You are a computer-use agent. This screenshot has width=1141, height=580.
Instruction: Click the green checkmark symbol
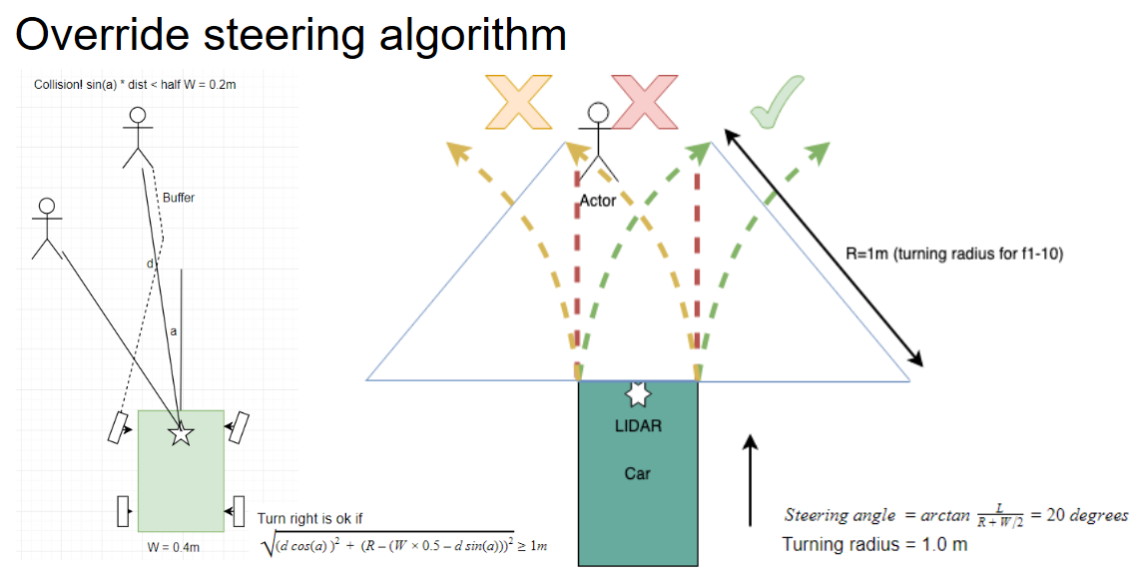[x=779, y=102]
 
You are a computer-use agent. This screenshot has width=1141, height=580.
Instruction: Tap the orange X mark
[x=519, y=102]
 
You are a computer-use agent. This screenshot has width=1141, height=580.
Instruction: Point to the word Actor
[x=598, y=201]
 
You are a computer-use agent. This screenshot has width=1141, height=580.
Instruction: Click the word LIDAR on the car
[x=638, y=426]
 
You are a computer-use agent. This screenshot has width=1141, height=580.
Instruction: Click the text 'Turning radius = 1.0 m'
[x=874, y=544]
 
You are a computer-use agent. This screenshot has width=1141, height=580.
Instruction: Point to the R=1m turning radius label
[x=954, y=254]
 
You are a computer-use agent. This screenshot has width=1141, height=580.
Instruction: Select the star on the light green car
[x=181, y=434]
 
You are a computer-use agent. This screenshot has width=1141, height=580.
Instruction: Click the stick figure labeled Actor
[x=598, y=140]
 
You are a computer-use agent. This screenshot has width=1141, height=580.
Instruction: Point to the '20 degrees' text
[x=1083, y=515]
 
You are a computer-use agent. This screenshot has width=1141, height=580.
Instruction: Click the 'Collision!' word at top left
[x=58, y=85]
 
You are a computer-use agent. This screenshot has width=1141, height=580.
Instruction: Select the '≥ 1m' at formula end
[x=533, y=546]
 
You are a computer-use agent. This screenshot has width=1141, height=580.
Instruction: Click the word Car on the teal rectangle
[x=638, y=472]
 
